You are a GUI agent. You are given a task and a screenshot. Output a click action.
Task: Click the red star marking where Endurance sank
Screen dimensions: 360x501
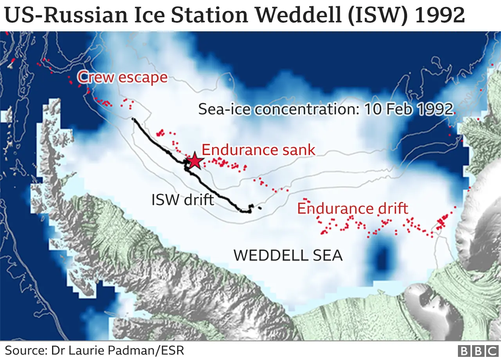pyautogui.click(x=195, y=160)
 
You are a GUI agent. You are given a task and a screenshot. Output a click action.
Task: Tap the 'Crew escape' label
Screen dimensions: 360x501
pyautogui.click(x=123, y=77)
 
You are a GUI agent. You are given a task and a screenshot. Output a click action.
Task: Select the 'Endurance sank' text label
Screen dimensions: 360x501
pyautogui.click(x=258, y=150)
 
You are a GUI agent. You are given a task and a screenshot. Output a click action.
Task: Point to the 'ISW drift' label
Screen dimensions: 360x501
pyautogui.click(x=183, y=200)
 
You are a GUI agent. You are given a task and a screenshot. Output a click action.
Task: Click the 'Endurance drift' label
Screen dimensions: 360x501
pyautogui.click(x=353, y=208)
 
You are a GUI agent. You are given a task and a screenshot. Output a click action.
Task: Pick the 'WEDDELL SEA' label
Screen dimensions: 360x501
pyautogui.click(x=288, y=256)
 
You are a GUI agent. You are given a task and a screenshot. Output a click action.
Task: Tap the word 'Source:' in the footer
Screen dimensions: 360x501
pyautogui.click(x=26, y=350)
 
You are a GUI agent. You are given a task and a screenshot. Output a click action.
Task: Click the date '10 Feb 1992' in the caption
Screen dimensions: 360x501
pyautogui.click(x=408, y=109)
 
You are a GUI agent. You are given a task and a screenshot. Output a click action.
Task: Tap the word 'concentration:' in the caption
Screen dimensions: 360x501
pyautogui.click(x=306, y=109)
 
